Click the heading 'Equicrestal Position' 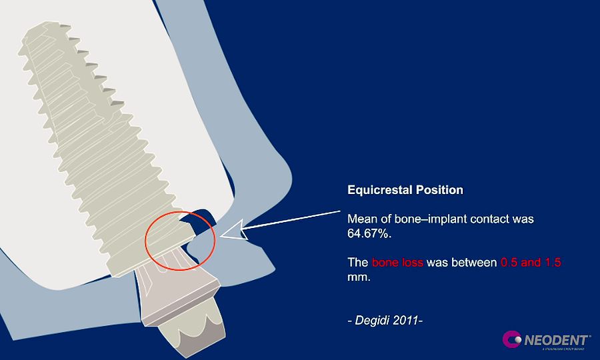(x=405, y=190)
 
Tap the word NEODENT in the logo (x=556, y=339)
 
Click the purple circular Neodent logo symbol (x=512, y=340)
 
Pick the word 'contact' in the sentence (x=493, y=219)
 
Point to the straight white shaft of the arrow (x=293, y=221)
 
